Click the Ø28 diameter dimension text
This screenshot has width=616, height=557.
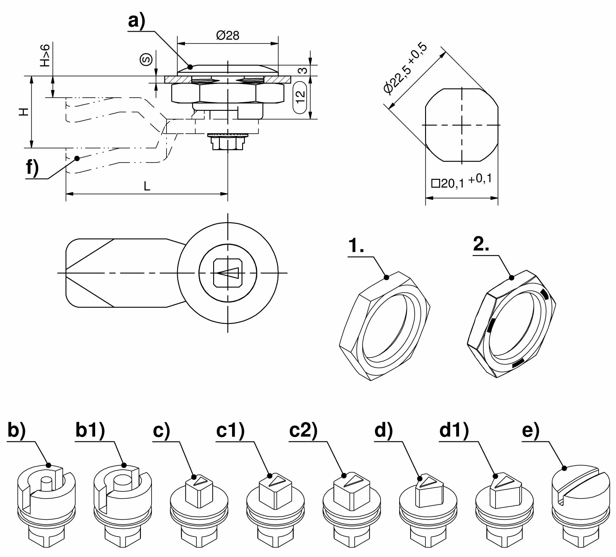pyautogui.click(x=227, y=35)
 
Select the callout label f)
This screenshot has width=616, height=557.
pyautogui.click(x=32, y=168)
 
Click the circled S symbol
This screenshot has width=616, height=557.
pyautogui.click(x=146, y=59)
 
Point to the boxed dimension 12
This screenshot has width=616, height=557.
pyautogui.click(x=300, y=98)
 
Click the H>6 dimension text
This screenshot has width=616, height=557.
pyautogui.click(x=45, y=55)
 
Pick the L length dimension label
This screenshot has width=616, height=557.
pyautogui.click(x=147, y=186)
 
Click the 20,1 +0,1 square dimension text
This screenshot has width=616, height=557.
pyautogui.click(x=461, y=181)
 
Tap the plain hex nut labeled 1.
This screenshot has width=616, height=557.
pyautogui.click(x=385, y=326)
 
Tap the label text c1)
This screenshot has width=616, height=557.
pyautogui.click(x=230, y=430)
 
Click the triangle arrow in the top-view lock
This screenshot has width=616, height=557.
pyautogui.click(x=227, y=273)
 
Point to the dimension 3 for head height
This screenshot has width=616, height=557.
pyautogui.click(x=302, y=71)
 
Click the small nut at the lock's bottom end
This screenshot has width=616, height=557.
pyautogui.click(x=227, y=143)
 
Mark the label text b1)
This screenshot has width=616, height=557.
pyautogui.click(x=90, y=430)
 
